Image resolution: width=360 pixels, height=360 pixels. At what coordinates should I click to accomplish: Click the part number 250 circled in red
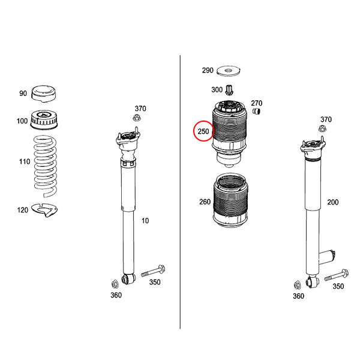pyautogui.click(x=203, y=131)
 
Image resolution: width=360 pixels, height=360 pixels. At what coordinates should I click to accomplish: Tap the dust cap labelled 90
pyautogui.click(x=44, y=93)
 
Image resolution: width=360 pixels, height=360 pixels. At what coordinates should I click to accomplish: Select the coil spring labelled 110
pyautogui.click(x=46, y=166)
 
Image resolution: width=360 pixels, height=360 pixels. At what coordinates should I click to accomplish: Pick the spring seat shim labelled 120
pyautogui.click(x=44, y=210)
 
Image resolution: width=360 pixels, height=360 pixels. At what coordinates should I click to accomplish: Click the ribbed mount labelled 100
pyautogui.click(x=44, y=120)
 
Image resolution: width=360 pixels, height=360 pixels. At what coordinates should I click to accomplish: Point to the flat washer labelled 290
pyautogui.click(x=228, y=71)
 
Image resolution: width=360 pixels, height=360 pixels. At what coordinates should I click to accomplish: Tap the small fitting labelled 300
pyautogui.click(x=229, y=90)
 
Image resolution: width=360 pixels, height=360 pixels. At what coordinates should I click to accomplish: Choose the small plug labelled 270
pyautogui.click(x=256, y=112)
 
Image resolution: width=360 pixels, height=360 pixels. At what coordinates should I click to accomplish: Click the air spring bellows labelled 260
pyautogui.click(x=230, y=200)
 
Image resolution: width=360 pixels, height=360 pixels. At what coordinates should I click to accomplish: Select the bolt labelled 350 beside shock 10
pyautogui.click(x=153, y=271)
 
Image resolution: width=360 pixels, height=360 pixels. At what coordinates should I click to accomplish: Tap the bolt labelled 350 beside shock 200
pyautogui.click(x=337, y=275)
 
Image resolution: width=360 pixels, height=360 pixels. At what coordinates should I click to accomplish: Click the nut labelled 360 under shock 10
pyautogui.click(x=115, y=284)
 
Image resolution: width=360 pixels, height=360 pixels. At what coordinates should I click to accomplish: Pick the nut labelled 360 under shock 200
pyautogui.click(x=297, y=285)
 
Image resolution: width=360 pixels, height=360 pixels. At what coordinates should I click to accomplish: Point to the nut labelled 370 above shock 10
pyautogui.click(x=137, y=118)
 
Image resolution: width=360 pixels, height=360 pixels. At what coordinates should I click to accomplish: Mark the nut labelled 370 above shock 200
pyautogui.click(x=323, y=128)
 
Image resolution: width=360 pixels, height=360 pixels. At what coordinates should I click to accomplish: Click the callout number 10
pyautogui.click(x=145, y=221)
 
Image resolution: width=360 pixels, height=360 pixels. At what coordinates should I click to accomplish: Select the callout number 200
pyautogui.click(x=333, y=202)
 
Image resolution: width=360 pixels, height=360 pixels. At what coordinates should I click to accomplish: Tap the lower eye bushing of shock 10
pyautogui.click(x=128, y=278)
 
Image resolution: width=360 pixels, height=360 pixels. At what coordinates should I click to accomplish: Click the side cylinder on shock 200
pyautogui.click(x=327, y=258)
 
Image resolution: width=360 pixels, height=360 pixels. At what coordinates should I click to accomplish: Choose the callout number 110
pyautogui.click(x=25, y=161)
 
